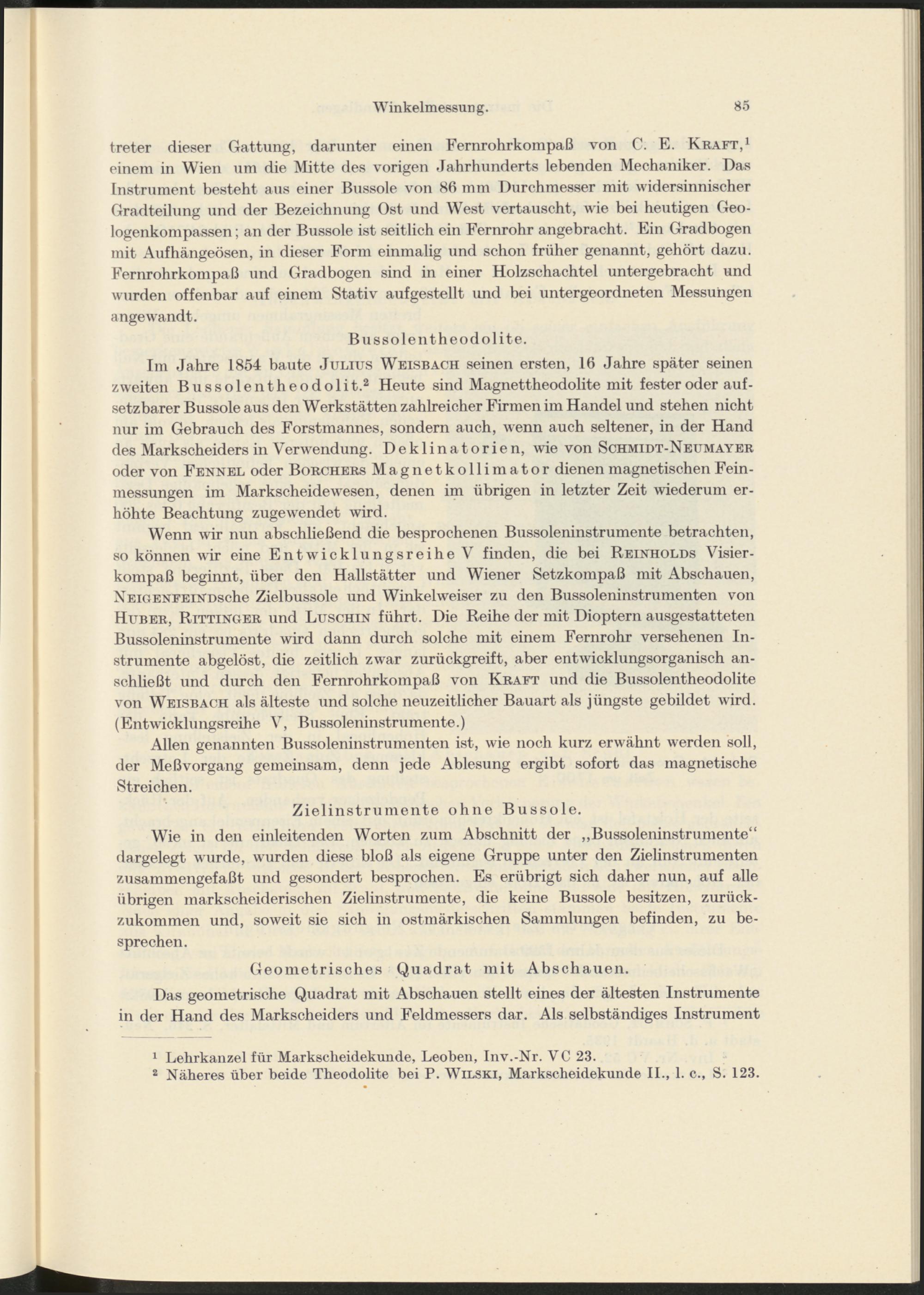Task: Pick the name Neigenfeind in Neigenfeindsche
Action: coord(162,597)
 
